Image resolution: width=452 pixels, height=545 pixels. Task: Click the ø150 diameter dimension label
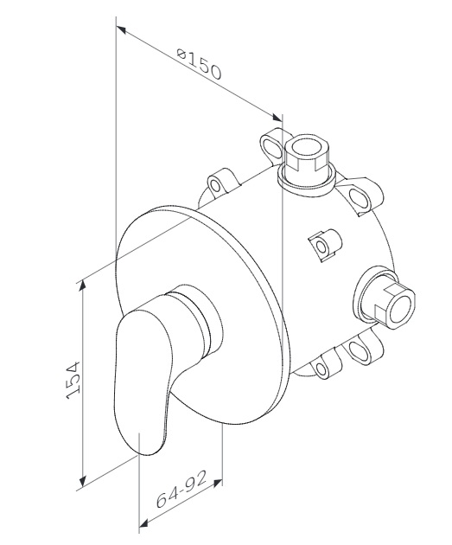(199, 65)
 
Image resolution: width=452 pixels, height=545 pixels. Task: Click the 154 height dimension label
(73, 380)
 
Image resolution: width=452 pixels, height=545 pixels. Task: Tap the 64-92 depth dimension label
(181, 490)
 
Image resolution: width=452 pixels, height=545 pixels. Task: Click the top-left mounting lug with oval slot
(272, 144)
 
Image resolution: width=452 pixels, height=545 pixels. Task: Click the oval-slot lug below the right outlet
(361, 348)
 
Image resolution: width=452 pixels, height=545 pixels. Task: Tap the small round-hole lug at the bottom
(326, 367)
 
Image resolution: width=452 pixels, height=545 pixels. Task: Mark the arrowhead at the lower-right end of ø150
(277, 117)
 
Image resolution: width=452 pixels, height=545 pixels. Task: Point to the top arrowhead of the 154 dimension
(82, 286)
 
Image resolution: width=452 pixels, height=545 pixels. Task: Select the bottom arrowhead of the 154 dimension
(82, 481)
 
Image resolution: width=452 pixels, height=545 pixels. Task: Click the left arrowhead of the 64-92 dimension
(143, 523)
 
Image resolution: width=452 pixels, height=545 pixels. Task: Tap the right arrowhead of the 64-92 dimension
(217, 483)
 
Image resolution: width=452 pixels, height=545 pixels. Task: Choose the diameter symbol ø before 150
(181, 54)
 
